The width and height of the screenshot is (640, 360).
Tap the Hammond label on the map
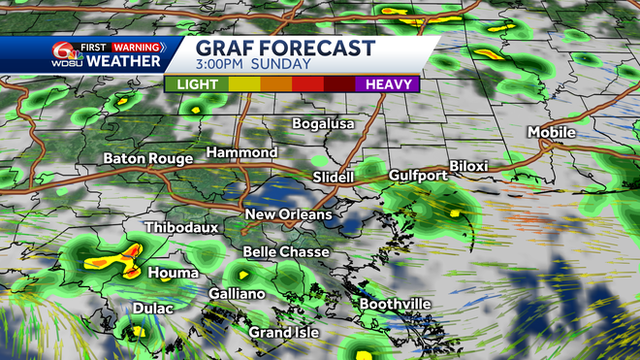tap(241, 153)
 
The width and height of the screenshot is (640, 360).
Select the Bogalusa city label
tap(325, 124)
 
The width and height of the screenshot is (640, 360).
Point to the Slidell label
tap(336, 178)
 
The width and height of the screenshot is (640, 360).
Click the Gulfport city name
tap(416, 176)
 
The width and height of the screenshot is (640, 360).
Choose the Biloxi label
tap(468, 166)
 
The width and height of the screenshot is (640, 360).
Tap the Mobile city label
tap(552, 132)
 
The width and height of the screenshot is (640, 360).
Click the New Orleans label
tap(288, 214)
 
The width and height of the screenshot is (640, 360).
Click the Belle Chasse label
tap(285, 252)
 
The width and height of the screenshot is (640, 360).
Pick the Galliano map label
tap(237, 294)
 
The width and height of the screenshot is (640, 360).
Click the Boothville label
tap(395, 304)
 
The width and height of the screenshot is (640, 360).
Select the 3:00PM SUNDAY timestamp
tap(253, 65)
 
